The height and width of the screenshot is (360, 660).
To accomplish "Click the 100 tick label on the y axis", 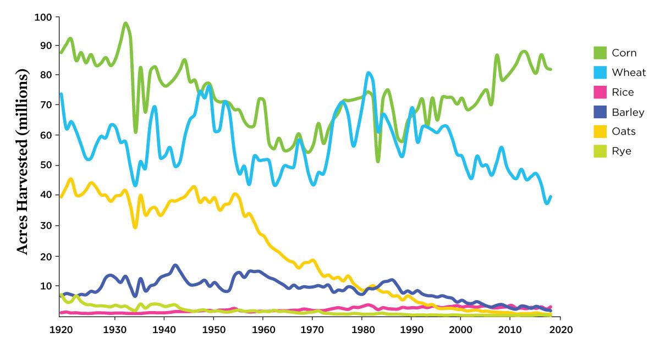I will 43,18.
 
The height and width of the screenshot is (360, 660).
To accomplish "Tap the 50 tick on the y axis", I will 46,165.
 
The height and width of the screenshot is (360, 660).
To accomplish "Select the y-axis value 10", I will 46,286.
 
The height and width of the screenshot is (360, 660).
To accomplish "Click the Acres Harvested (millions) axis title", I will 22,162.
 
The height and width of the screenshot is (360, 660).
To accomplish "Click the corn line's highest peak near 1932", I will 125,23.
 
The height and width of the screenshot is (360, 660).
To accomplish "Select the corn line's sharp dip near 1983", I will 378,161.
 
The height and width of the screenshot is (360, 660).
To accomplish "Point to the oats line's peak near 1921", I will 70,179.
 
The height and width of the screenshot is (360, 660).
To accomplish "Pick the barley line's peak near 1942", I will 175,265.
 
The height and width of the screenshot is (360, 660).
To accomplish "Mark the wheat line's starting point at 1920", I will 61,95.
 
